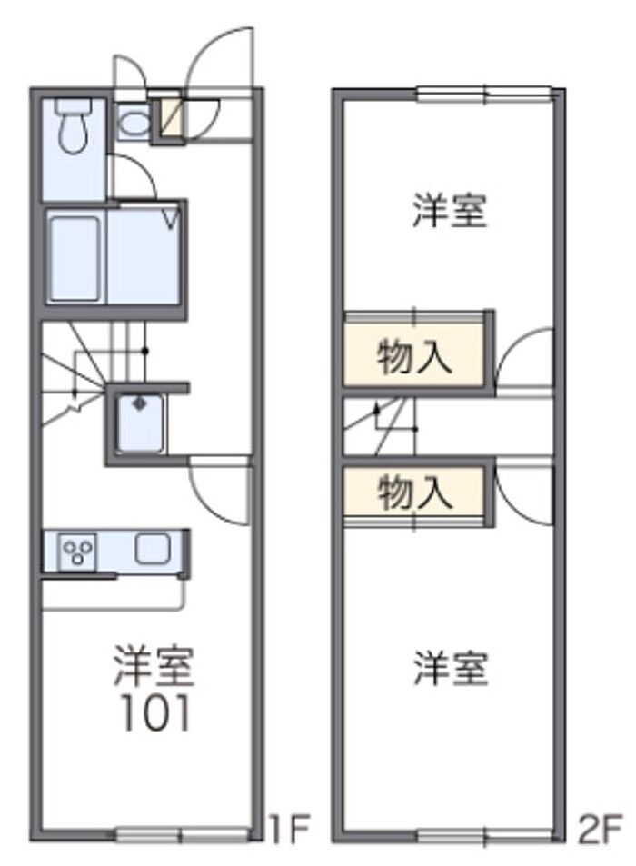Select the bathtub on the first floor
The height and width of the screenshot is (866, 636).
point(75,258)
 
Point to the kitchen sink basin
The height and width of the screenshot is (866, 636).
point(153,549)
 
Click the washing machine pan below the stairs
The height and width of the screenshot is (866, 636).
point(141,423)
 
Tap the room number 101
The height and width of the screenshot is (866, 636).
point(156,713)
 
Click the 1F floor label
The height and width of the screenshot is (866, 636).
point(290,829)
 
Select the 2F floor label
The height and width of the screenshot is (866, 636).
point(601,829)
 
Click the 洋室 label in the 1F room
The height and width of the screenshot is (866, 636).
point(154,665)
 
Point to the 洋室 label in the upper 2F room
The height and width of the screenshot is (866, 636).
point(450,210)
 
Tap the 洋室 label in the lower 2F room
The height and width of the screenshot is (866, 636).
point(451,668)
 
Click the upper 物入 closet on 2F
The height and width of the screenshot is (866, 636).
point(414,354)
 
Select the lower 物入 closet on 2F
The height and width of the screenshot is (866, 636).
point(414,493)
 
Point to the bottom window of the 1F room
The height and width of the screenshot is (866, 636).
point(183,833)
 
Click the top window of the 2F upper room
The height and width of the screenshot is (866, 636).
point(484,94)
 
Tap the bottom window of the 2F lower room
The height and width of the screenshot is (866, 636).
point(484,836)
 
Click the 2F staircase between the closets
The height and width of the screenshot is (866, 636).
point(379,426)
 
